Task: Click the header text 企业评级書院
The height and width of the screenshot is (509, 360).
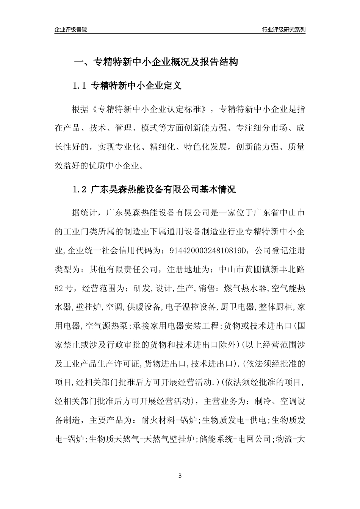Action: click(71, 30)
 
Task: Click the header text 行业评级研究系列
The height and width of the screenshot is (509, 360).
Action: click(283, 30)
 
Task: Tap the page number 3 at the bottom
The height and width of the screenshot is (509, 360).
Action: click(180, 476)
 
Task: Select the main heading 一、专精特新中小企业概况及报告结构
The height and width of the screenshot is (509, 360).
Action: click(155, 62)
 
